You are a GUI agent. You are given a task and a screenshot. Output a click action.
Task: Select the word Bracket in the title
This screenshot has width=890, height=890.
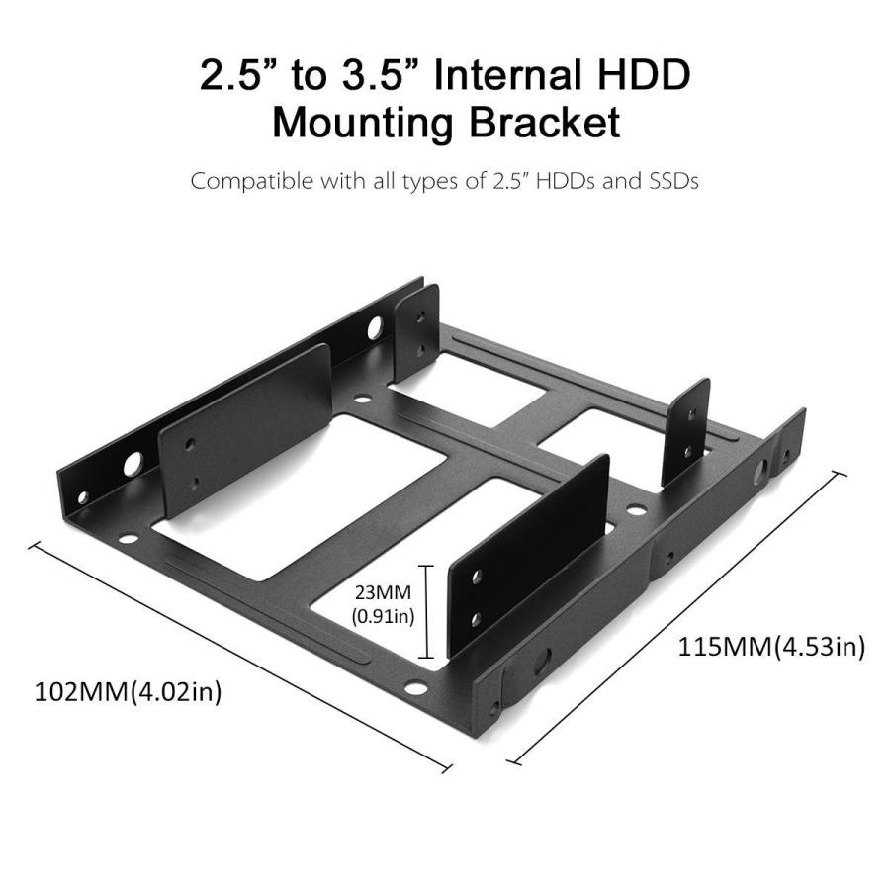click(550, 124)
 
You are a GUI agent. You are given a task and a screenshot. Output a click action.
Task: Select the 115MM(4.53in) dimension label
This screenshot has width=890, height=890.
click(771, 648)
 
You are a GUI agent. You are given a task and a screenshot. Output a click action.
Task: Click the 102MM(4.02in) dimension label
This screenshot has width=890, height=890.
click(129, 691)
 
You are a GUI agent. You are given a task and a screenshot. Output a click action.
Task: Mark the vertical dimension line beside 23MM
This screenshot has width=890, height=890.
click(426, 611)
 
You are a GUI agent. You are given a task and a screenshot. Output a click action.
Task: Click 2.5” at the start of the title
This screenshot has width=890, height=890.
click(238, 76)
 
